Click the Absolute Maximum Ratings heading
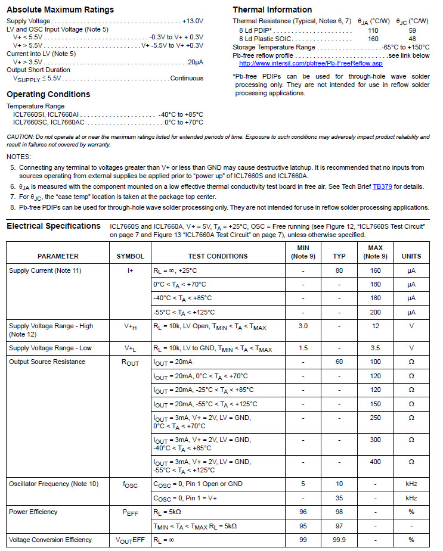[x=60, y=10]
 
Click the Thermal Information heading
[x=272, y=10]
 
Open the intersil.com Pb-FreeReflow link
[x=311, y=63]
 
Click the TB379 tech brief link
[x=382, y=186]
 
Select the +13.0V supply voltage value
[x=193, y=21]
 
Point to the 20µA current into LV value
[x=195, y=62]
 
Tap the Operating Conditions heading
[x=48, y=94]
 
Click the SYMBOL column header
[x=130, y=256]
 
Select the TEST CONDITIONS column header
[x=218, y=256]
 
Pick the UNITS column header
[x=411, y=256]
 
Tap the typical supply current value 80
[x=339, y=270]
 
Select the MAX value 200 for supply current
[x=375, y=312]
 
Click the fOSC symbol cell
[x=130, y=485]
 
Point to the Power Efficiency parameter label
[x=33, y=512]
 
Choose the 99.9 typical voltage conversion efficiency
[x=339, y=540]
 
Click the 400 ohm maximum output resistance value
[x=375, y=462]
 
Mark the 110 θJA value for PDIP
[x=373, y=30]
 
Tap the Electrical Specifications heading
[x=54, y=226]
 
